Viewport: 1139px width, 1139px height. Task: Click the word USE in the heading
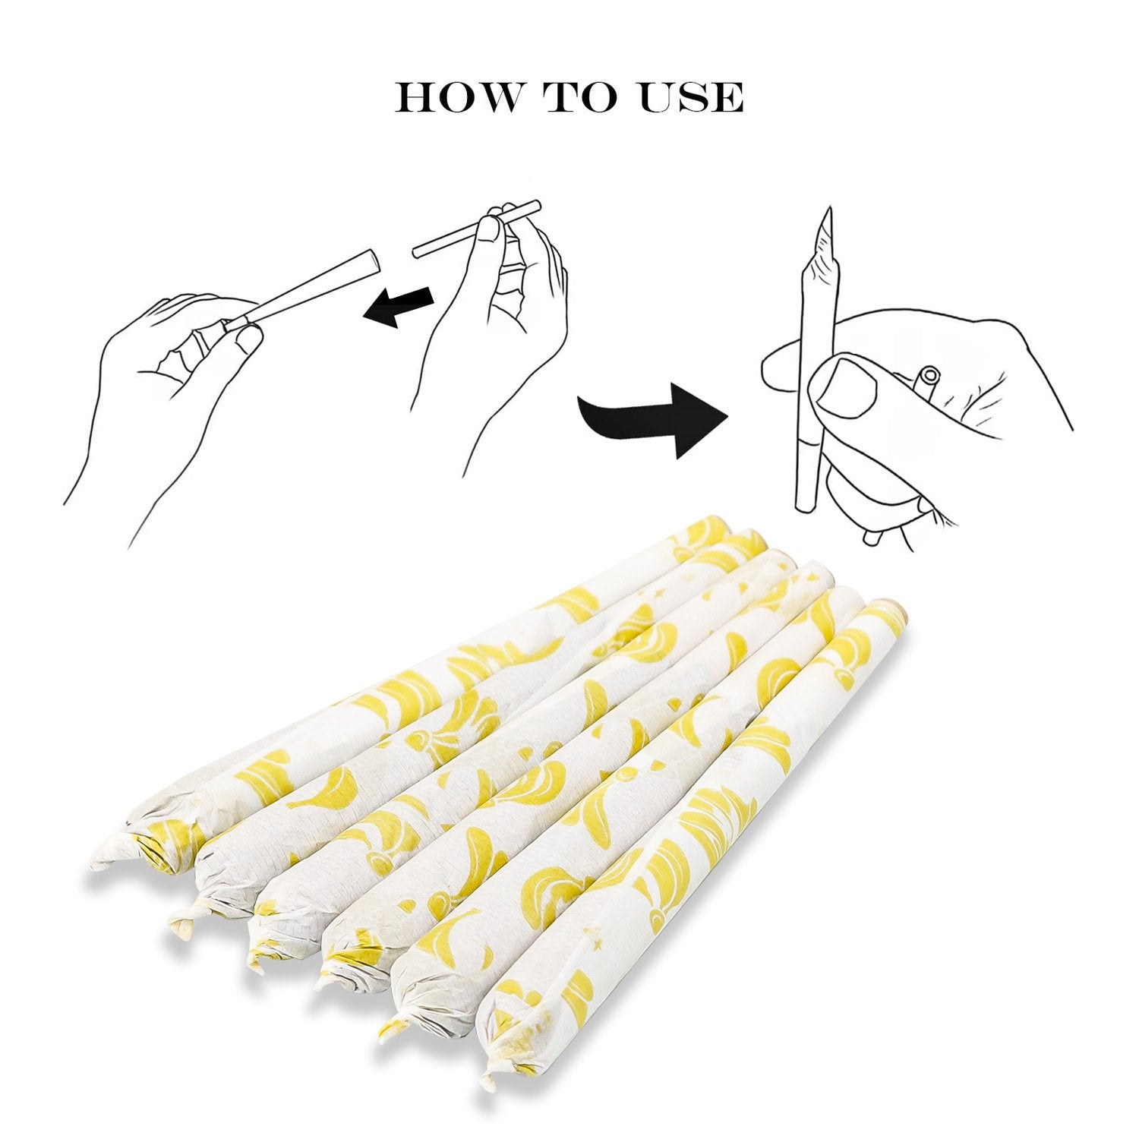[x=690, y=96]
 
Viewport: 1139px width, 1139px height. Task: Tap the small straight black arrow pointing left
[x=399, y=306]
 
